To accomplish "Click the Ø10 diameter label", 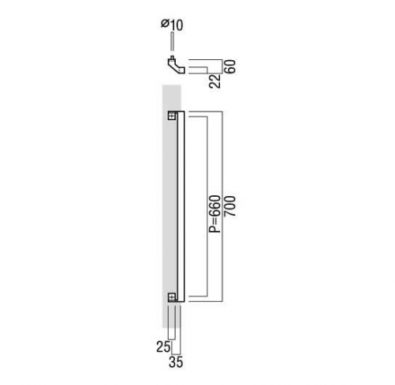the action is coord(172,25).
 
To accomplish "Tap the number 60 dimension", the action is coord(230,66).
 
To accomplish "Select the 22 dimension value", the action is coord(215,81).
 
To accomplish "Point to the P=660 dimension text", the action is coord(215,213).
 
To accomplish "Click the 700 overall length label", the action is coord(230,206).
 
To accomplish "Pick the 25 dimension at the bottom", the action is coord(163,347).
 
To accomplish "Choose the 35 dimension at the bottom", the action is coord(176,362).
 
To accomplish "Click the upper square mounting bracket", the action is coord(172,115).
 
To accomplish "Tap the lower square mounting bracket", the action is coord(172,297).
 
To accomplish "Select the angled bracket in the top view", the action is coord(175,66).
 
